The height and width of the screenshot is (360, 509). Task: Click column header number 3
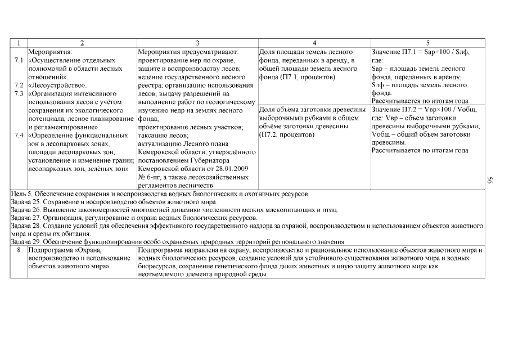[x=197, y=43]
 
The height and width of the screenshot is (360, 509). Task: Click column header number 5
[x=428, y=43]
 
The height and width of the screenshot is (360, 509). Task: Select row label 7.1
[x=18, y=60]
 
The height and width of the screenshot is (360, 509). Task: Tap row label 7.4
[x=18, y=136]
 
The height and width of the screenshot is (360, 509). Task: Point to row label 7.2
[x=18, y=85]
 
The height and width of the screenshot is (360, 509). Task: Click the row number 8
[x=18, y=249]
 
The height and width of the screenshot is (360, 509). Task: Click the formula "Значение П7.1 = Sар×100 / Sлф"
[x=421, y=52]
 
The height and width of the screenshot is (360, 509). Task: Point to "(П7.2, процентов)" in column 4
[x=286, y=135]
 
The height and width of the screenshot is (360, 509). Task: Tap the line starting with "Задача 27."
[x=134, y=218]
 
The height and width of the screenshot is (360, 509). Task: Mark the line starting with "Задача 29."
[x=178, y=241]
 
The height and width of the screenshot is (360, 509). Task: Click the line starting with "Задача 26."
[x=174, y=210]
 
